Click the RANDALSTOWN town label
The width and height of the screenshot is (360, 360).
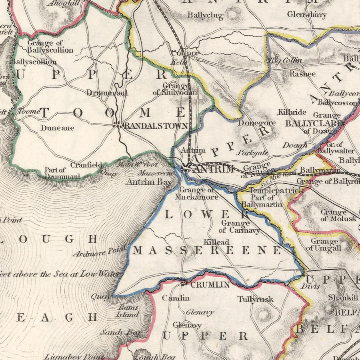(x=156, y=126)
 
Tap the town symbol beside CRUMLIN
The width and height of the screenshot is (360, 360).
(x=184, y=284)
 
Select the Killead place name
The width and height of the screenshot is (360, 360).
(x=216, y=242)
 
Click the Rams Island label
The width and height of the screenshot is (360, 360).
(x=128, y=311)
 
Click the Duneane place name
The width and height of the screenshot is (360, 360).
(x=57, y=128)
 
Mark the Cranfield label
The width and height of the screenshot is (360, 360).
(x=86, y=164)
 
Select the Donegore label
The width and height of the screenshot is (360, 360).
(x=256, y=123)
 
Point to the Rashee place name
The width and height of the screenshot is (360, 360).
(x=302, y=74)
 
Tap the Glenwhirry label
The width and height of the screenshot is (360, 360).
(x=307, y=15)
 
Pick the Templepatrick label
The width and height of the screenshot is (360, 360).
(x=276, y=191)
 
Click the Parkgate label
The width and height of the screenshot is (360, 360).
(x=252, y=152)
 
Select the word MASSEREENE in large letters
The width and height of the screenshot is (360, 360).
(x=207, y=250)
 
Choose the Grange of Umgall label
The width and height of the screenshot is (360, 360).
(x=324, y=244)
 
